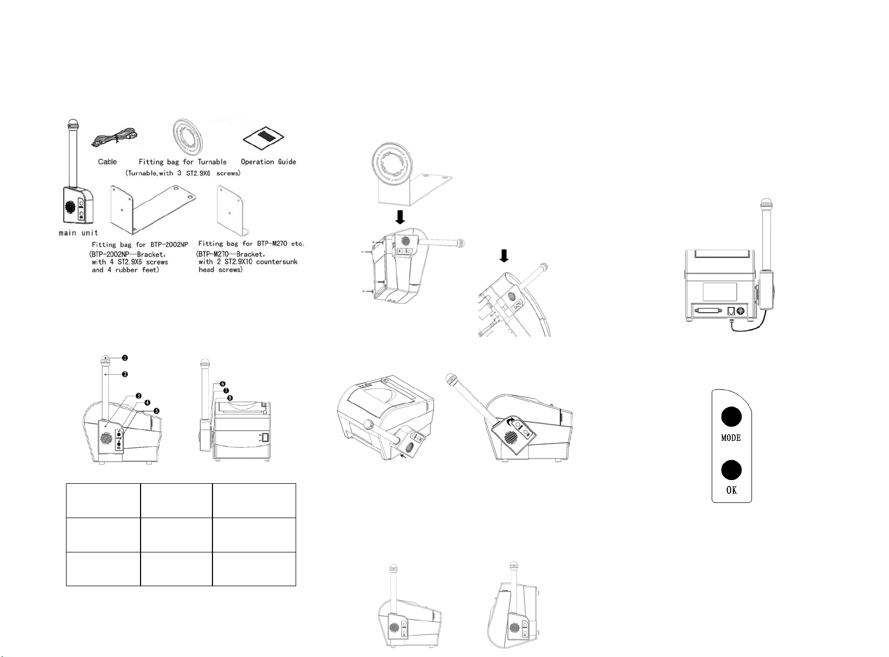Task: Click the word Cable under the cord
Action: (107, 161)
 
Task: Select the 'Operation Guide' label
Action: (268, 161)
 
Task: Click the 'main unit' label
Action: (78, 233)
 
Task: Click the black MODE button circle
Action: (731, 417)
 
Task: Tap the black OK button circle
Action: (731, 470)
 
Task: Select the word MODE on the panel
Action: (731, 438)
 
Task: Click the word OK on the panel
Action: (731, 490)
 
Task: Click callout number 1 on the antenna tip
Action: (124, 358)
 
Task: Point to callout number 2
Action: (124, 374)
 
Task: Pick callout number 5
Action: (157, 410)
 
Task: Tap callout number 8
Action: (230, 398)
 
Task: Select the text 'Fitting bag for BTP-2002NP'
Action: (139, 245)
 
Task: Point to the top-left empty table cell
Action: (103, 500)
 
